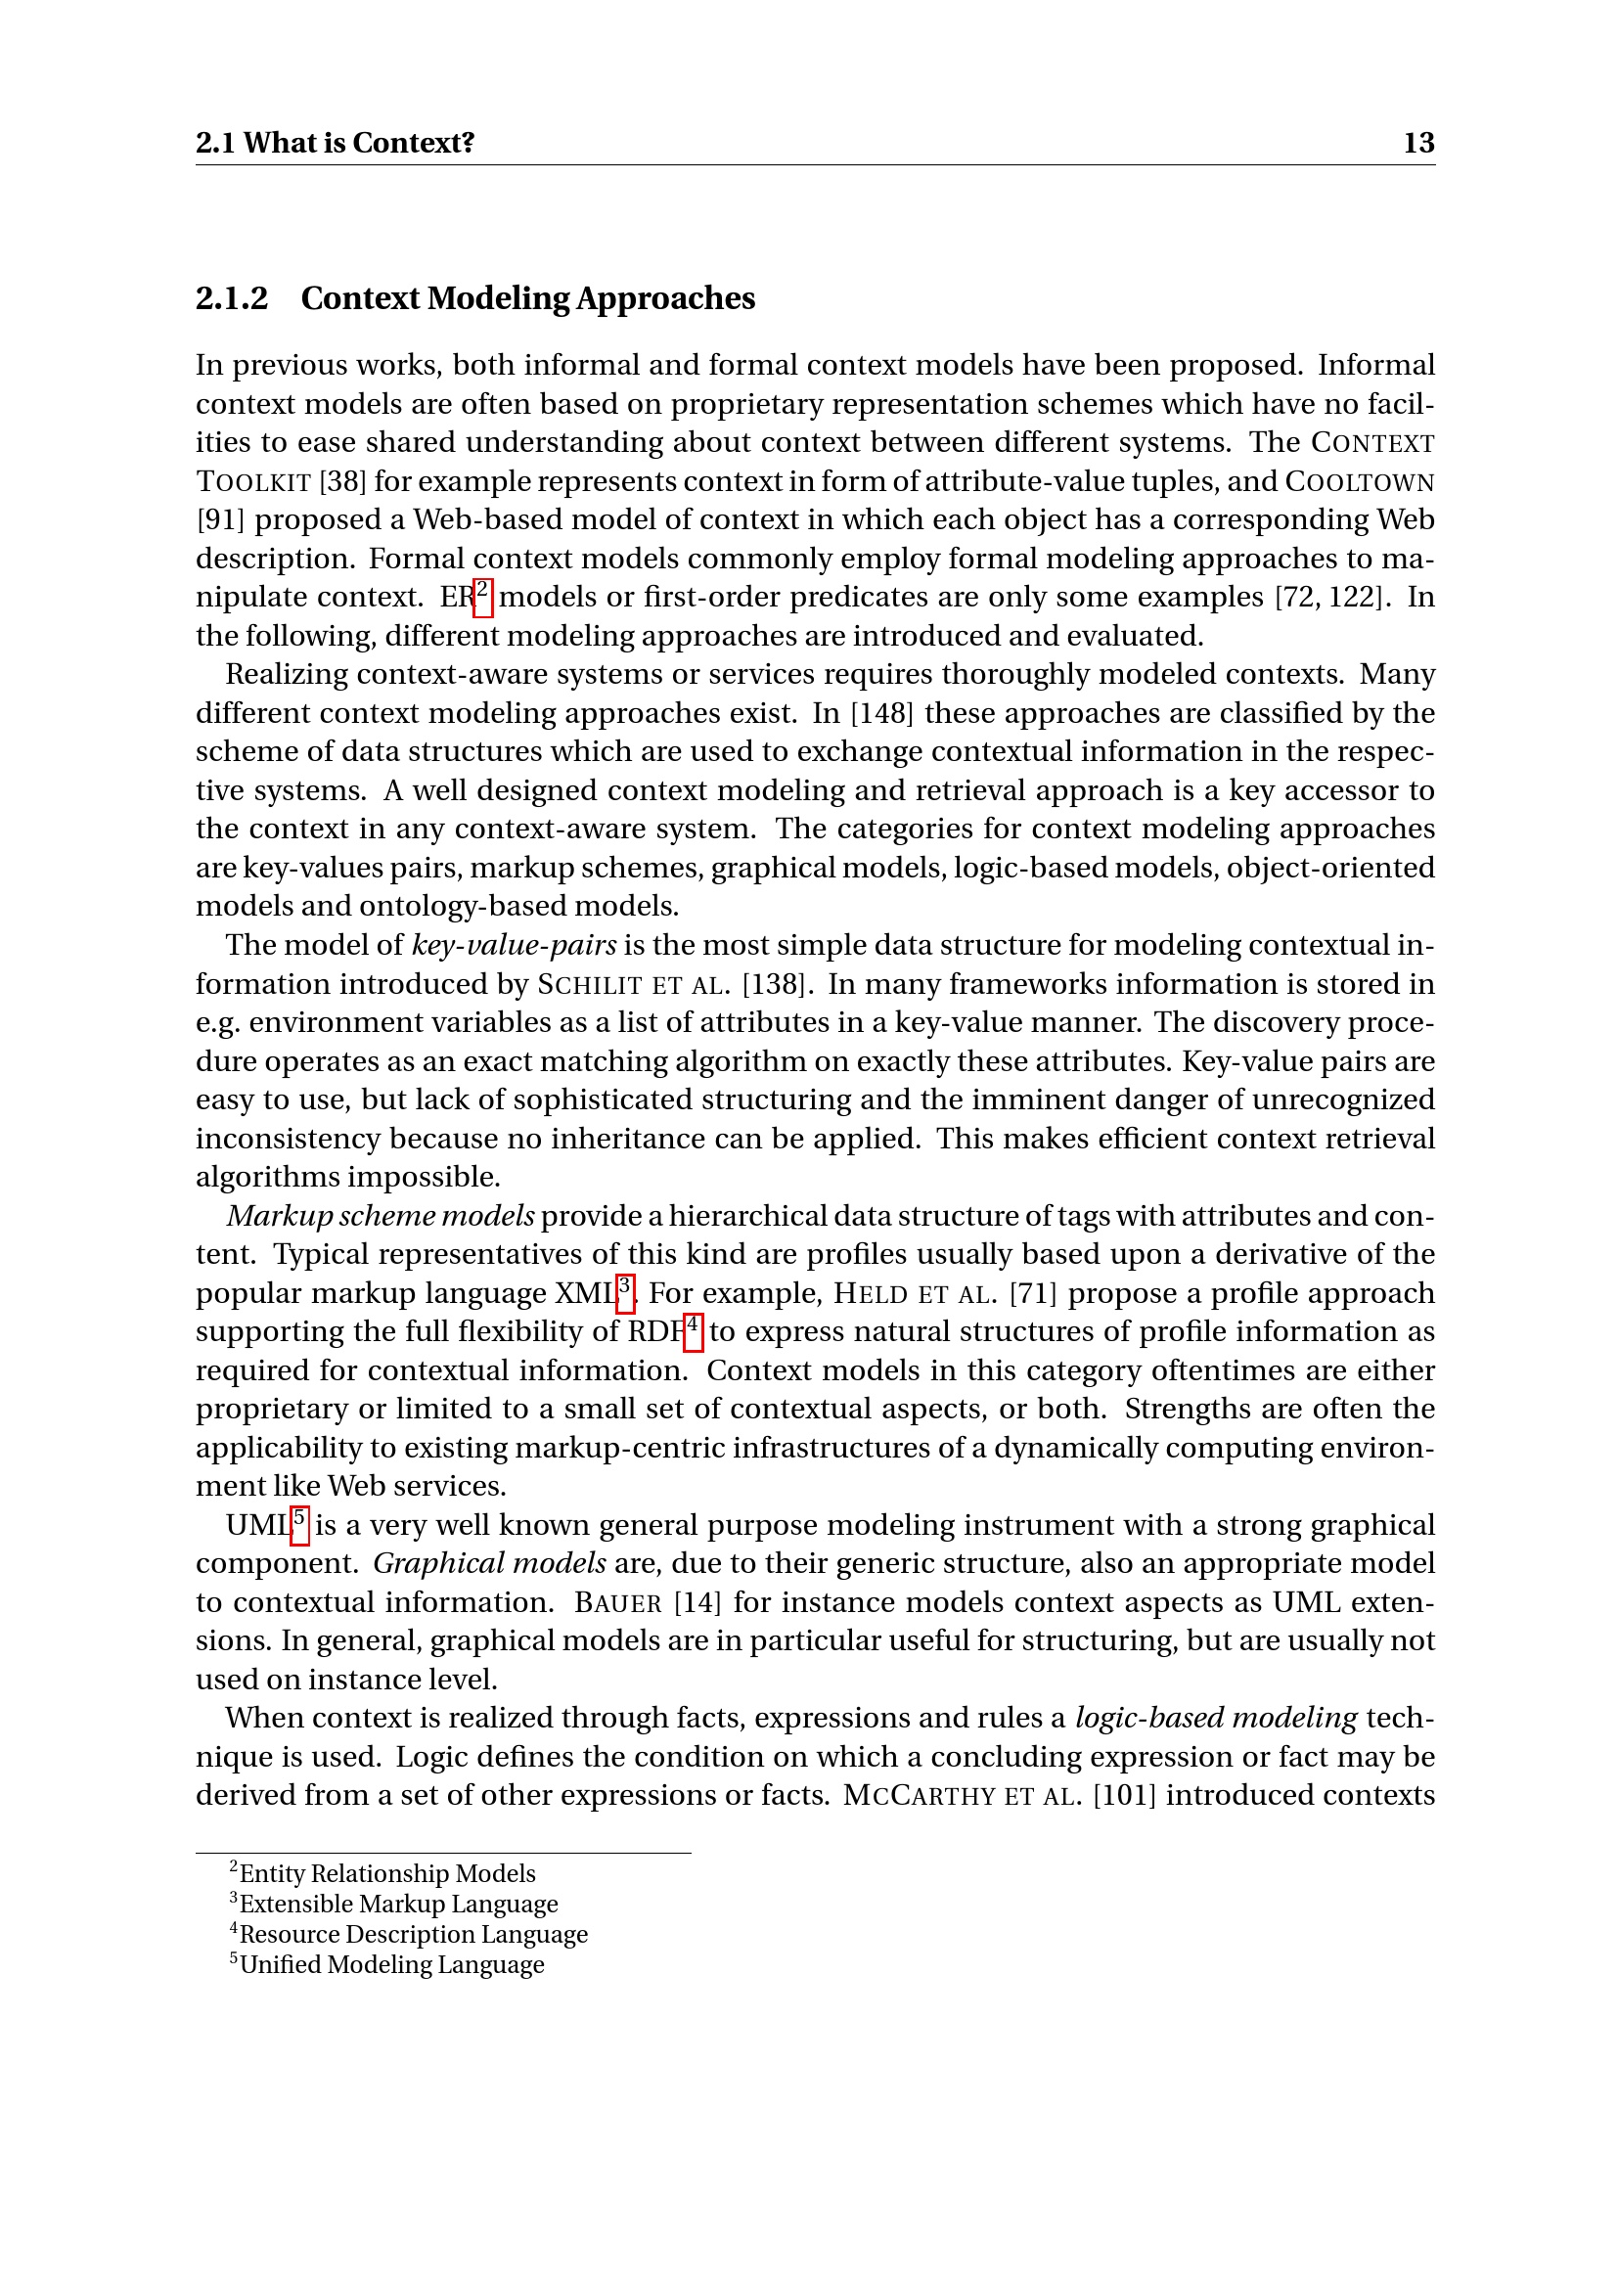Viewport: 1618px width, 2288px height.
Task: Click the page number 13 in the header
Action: coord(1417,144)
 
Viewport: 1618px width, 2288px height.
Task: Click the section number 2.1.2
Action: coord(231,299)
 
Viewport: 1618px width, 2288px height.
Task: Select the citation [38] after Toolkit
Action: coord(342,481)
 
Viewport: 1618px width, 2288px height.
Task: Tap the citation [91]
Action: coord(220,520)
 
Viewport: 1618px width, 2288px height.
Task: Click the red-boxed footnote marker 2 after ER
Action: coord(482,596)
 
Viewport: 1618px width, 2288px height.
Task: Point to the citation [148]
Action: coord(882,713)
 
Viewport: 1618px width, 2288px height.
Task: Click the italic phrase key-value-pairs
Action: coord(515,945)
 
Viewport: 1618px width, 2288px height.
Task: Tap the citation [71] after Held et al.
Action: coord(1032,1293)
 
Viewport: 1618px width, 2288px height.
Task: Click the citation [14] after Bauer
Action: coord(692,1602)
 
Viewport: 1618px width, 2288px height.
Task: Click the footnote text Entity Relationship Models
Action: coord(387,1874)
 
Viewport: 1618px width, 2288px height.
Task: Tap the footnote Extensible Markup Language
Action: coord(398,1905)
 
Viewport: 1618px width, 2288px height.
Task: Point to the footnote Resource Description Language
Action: coord(414,1935)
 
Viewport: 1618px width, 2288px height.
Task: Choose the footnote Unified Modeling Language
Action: coord(391,1965)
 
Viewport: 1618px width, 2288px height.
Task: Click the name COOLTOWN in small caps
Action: coord(1360,482)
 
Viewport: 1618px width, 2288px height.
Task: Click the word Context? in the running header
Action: coord(414,144)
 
